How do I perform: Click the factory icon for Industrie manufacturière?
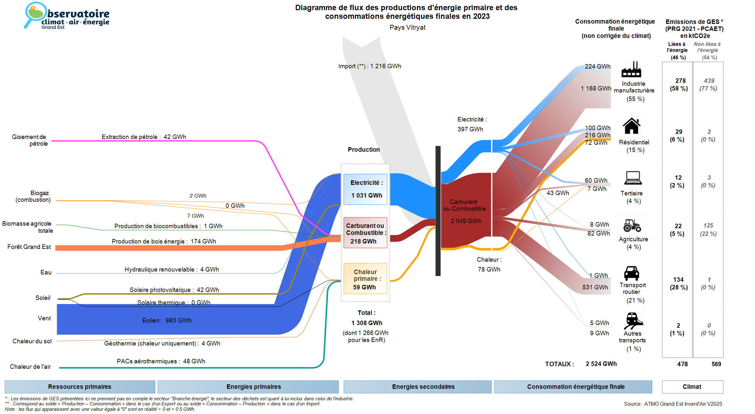(631, 69)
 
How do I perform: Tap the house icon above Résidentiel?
(631, 126)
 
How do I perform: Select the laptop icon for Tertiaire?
(633, 178)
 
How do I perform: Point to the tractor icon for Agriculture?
(632, 225)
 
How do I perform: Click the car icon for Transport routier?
(631, 273)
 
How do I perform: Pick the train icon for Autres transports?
(633, 320)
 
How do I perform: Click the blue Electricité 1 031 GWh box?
(365, 189)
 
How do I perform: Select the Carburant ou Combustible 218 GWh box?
(365, 233)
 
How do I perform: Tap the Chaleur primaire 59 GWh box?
(365, 279)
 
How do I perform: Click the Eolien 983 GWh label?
(167, 320)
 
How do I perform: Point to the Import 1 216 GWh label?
(370, 66)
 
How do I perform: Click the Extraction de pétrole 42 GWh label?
(144, 137)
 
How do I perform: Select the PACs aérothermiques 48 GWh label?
(161, 361)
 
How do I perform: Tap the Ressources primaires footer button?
(80, 387)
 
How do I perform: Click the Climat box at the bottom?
(692, 387)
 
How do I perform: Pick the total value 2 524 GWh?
(601, 364)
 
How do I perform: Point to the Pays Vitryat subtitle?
(407, 27)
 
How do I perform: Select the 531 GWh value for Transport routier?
(595, 287)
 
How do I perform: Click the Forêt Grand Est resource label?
(29, 247)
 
